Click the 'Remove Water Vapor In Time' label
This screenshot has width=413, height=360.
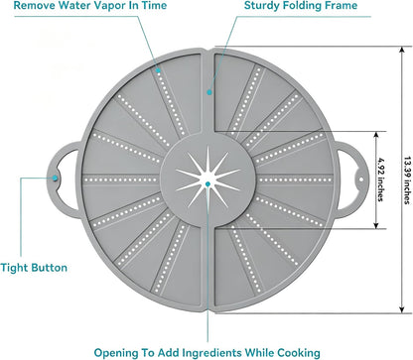point(90,6)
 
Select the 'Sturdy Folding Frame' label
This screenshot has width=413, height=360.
point(301,6)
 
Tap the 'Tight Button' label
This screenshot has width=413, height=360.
point(34,268)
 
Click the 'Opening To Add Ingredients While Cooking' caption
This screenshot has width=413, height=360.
point(207,353)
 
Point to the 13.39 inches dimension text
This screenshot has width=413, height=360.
point(407,180)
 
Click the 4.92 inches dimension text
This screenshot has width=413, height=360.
point(381,180)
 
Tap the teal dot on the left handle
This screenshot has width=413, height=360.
point(55,178)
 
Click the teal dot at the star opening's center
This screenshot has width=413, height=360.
point(207,183)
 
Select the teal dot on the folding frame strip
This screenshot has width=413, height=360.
point(209,92)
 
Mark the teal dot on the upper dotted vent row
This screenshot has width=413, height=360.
point(159,70)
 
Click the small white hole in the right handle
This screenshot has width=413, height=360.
point(361,180)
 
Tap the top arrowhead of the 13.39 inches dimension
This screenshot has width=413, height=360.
point(402,50)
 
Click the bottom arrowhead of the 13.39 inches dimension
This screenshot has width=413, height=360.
point(402,309)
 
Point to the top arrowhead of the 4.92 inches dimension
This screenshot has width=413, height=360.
point(376,135)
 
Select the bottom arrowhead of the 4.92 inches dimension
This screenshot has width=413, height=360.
point(376,225)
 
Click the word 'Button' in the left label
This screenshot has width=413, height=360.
point(50,268)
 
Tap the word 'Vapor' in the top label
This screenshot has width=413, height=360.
point(100,6)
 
